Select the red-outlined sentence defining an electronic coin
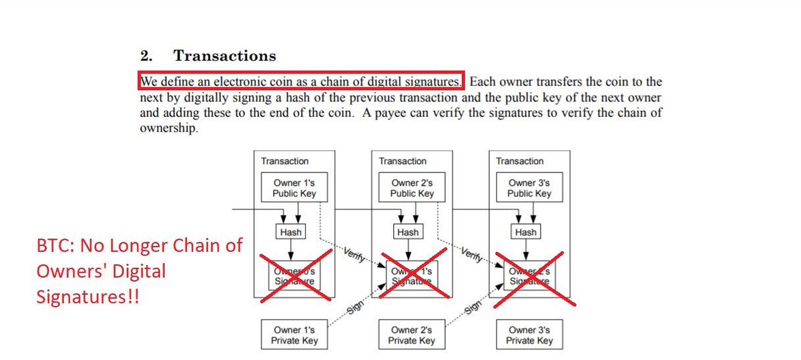tap(300, 81)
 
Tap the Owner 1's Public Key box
tap(294, 188)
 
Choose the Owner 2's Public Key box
tap(412, 188)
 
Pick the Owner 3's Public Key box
tap(529, 188)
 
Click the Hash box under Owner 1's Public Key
tap(290, 232)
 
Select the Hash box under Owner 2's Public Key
tap(408, 232)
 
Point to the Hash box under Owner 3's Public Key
tap(525, 232)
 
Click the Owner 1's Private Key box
tap(294, 335)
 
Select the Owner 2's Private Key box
tap(412, 335)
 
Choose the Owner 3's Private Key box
tap(529, 335)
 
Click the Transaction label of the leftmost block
tap(285, 161)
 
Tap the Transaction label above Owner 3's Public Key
tap(520, 161)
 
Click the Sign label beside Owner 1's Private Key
tap(355, 309)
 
